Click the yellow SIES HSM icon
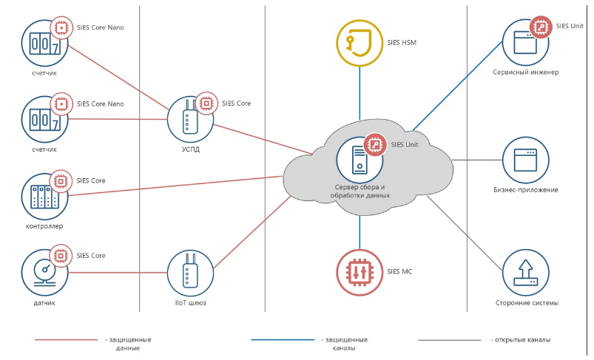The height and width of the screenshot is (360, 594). (x=360, y=43)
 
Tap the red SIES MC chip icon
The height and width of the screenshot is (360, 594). (x=360, y=272)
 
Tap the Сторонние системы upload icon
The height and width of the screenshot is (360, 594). (x=525, y=272)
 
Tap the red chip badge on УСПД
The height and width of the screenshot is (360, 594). (x=205, y=103)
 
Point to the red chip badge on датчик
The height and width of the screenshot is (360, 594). (x=60, y=257)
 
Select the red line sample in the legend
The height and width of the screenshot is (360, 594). (x=66, y=340)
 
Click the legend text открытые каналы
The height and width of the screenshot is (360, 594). (x=522, y=340)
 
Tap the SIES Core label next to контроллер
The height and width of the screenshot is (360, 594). (x=91, y=180)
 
